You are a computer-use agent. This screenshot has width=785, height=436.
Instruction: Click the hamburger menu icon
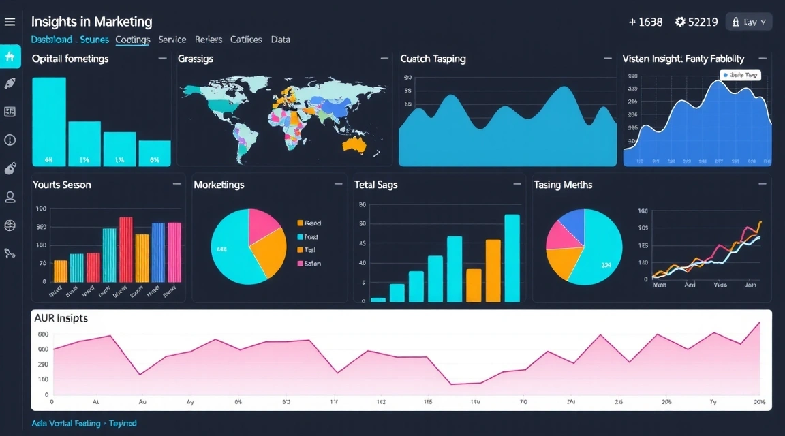click(x=10, y=22)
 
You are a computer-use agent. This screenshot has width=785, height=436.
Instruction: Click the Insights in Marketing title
click(x=91, y=22)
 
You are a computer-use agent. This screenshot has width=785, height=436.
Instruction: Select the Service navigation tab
click(x=172, y=40)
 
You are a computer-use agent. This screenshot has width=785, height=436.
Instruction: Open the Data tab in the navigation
click(x=280, y=40)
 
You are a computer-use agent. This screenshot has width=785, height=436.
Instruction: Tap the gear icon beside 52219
click(x=679, y=22)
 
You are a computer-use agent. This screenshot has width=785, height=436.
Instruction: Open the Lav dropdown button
click(x=749, y=22)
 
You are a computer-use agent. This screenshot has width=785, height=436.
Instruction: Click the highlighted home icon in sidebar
click(x=10, y=57)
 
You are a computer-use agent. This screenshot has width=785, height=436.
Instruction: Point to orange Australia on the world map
click(x=354, y=144)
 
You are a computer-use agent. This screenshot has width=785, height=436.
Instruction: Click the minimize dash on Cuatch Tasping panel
click(x=607, y=59)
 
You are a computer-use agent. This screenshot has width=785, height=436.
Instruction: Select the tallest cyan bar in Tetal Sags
click(x=512, y=258)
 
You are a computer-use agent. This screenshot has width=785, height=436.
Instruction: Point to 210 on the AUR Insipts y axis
click(x=42, y=364)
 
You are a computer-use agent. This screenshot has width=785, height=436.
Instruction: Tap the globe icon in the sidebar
click(x=10, y=225)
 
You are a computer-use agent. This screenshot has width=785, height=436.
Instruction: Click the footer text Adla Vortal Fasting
click(x=84, y=423)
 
